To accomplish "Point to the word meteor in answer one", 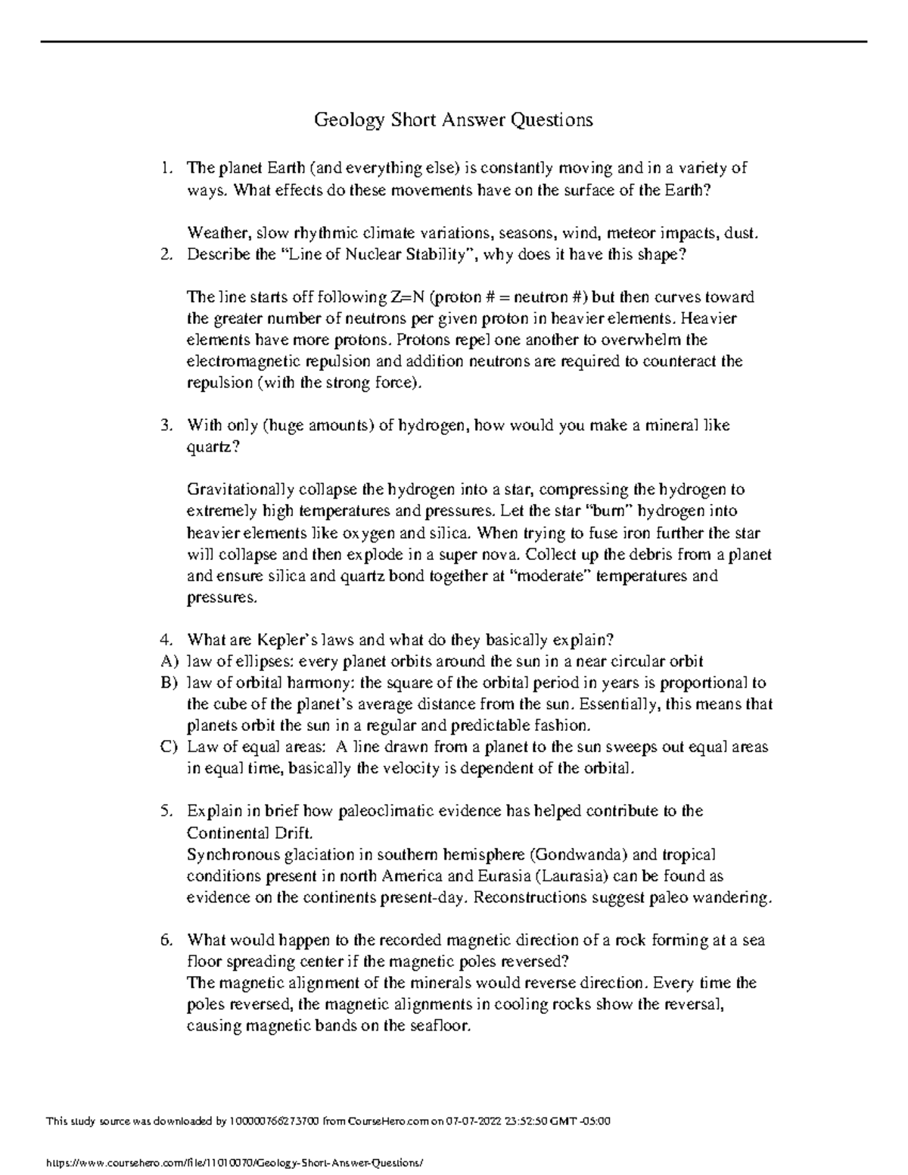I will (606, 232).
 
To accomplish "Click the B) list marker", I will (168, 682).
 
